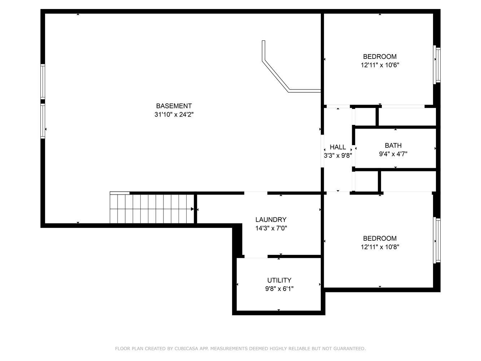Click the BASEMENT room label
(174, 106)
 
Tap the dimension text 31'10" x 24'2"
(174, 114)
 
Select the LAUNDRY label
(271, 219)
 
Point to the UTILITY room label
(279, 280)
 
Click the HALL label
(338, 147)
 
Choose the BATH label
(393, 145)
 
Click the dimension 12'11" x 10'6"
(380, 65)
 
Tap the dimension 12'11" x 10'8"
(380, 247)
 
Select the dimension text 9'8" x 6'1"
(279, 289)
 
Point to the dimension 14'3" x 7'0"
(271, 228)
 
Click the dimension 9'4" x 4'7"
(393, 154)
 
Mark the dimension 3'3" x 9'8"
(338, 155)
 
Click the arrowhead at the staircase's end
(192, 209)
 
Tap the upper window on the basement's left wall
(43, 82)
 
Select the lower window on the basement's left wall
(43, 121)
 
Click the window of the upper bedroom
(437, 65)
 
